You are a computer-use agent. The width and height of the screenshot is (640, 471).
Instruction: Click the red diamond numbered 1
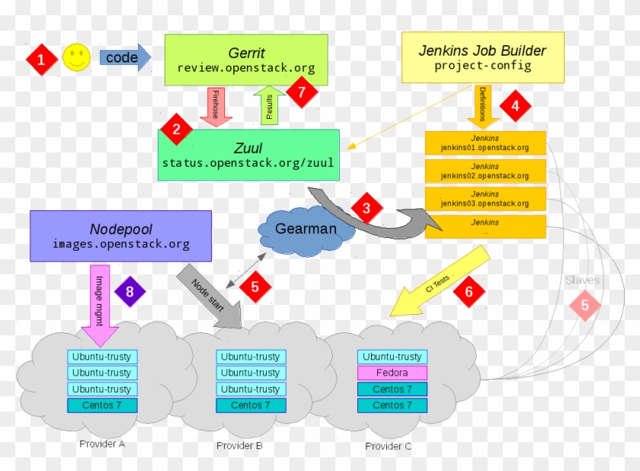coord(42,58)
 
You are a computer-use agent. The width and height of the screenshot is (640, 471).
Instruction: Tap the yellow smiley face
coord(76,58)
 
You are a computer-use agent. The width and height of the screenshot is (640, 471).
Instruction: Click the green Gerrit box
coord(245,59)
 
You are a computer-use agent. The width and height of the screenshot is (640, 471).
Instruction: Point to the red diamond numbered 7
coord(302,92)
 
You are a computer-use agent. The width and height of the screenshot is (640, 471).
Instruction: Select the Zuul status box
coord(248,155)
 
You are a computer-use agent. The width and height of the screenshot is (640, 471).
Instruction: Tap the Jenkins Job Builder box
coord(482,57)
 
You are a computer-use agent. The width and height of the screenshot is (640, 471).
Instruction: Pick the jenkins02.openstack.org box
coord(485,171)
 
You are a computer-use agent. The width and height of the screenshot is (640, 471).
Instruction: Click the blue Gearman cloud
coord(306,229)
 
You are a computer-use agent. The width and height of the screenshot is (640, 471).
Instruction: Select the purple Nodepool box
coord(120,235)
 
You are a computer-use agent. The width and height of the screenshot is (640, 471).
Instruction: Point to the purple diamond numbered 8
coord(130,291)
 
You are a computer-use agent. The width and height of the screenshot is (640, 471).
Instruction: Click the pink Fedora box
coord(392,373)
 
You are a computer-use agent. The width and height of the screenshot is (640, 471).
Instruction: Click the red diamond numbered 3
coord(366,207)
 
